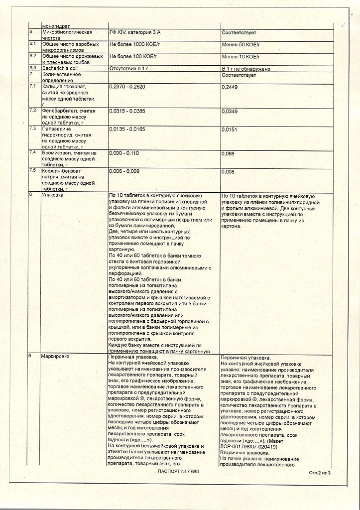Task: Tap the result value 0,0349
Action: tap(230, 111)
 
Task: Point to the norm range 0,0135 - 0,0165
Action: tap(127, 129)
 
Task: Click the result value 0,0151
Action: tap(230, 129)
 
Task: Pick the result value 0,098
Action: tap(228, 153)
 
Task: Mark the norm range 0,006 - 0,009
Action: tap(124, 171)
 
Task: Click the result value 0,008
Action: tap(228, 172)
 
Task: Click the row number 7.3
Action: tap(33, 128)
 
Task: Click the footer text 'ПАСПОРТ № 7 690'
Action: tap(178, 471)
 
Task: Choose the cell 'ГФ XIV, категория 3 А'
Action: tap(135, 32)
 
